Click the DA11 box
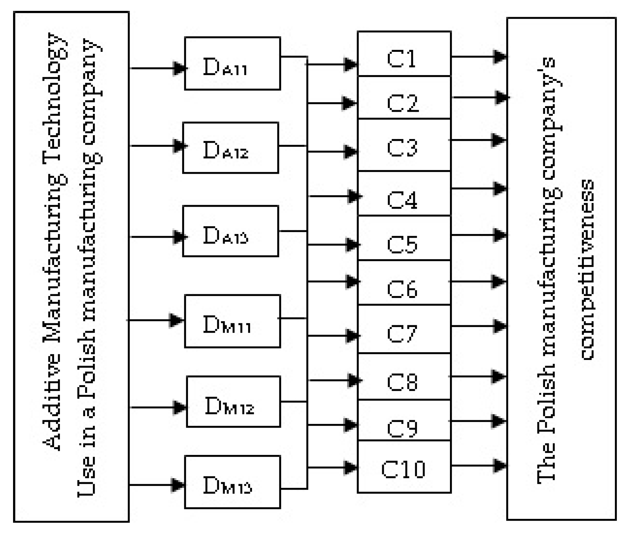pyautogui.click(x=232, y=64)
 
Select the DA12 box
pyautogui.click(x=231, y=148)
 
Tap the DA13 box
pyautogui.click(x=231, y=231)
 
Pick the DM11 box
pyautogui.click(x=232, y=321)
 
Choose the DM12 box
pyautogui.click(x=233, y=402)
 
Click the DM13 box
pyautogui.click(x=232, y=482)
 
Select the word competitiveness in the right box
pyautogui.click(x=587, y=270)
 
